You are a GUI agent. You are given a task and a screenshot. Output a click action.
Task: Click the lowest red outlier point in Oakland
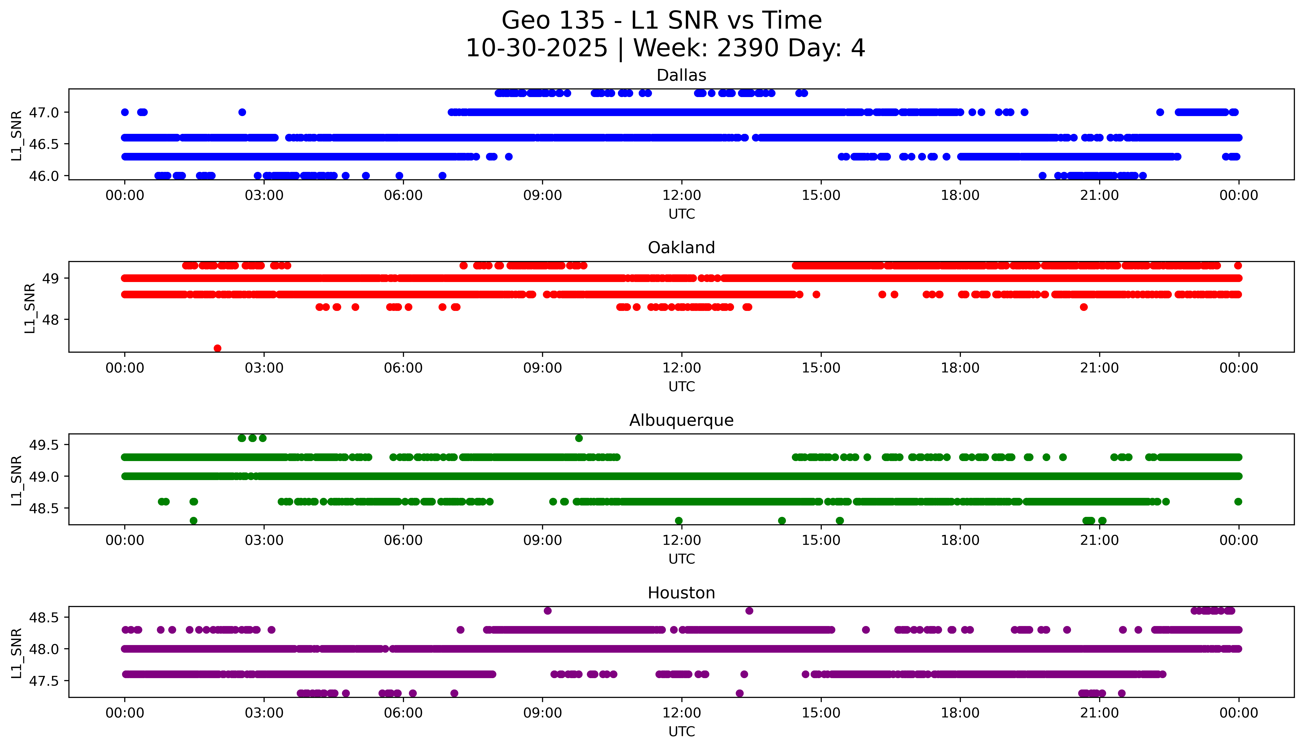(218, 348)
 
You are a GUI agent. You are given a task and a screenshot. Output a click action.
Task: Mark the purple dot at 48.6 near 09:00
(547, 611)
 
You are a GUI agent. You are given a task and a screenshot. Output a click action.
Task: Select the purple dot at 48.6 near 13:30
(749, 611)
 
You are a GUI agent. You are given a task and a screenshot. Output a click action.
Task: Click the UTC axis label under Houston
(681, 731)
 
